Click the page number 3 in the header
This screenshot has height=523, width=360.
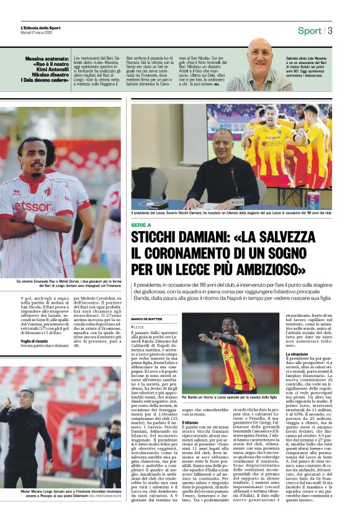(330, 30)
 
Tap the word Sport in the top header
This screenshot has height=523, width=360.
(309, 30)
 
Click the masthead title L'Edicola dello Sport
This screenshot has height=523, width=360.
(41, 28)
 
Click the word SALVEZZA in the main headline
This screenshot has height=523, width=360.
(289, 238)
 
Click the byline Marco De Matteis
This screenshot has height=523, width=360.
(146, 319)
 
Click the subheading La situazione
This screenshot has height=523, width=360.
(296, 354)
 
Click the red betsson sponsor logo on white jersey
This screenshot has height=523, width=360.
(32, 206)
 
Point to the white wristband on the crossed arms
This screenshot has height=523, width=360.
(30, 217)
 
